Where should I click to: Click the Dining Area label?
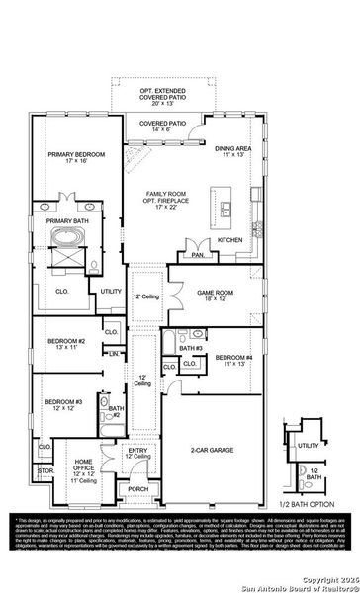click(x=233, y=151)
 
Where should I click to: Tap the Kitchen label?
click(x=230, y=239)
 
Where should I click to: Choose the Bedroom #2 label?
click(x=66, y=343)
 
